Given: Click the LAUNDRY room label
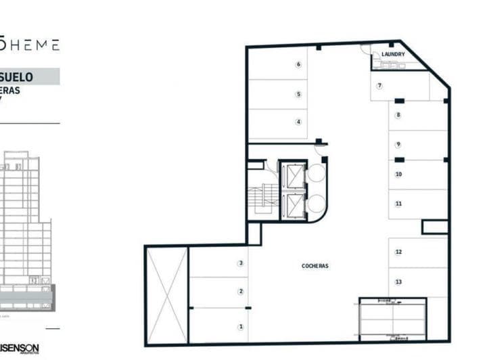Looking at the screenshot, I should pyautogui.click(x=393, y=54).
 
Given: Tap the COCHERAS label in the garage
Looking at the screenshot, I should pyautogui.click(x=315, y=266).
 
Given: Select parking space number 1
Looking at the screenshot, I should pyautogui.click(x=240, y=327).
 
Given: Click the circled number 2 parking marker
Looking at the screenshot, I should pyautogui.click(x=240, y=292).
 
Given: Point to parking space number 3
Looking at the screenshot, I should pyautogui.click(x=240, y=263).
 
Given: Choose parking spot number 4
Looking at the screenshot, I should pyautogui.click(x=298, y=122).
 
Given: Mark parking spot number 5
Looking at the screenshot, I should pyautogui.click(x=298, y=94).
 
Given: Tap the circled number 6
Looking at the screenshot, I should pyautogui.click(x=298, y=65).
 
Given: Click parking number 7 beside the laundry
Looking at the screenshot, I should pyautogui.click(x=379, y=85).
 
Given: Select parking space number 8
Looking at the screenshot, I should pyautogui.click(x=398, y=115).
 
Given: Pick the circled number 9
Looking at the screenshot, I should pyautogui.click(x=398, y=144).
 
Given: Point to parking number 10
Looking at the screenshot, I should pyautogui.click(x=398, y=174).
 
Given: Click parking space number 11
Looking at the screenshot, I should pyautogui.click(x=398, y=203).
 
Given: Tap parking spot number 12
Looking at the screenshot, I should pyautogui.click(x=398, y=252).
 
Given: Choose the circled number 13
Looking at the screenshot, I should pyautogui.click(x=398, y=282).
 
